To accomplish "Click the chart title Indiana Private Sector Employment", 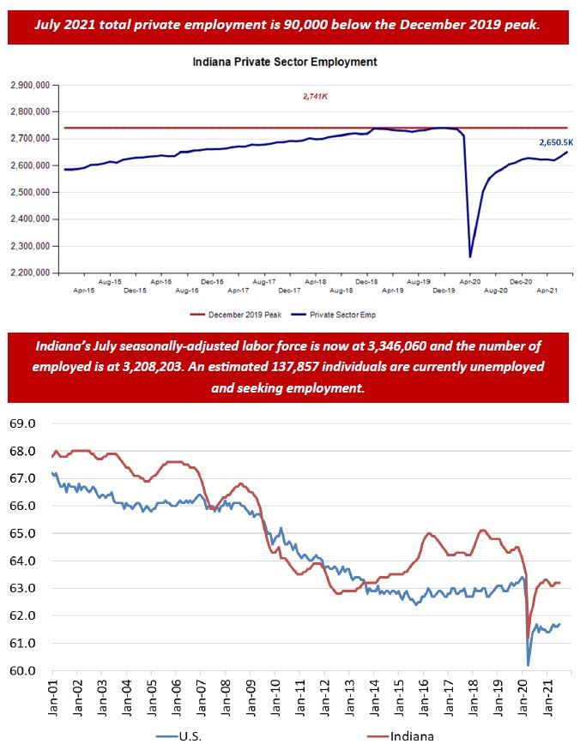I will click(284, 63).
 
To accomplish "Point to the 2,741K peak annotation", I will click(315, 97).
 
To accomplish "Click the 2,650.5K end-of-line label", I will click(555, 141).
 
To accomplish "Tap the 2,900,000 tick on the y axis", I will click(30, 85).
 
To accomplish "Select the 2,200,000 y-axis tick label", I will click(30, 273).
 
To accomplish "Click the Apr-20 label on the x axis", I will click(469, 281).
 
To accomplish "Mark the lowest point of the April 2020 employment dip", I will click(469, 256).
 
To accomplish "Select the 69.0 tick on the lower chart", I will click(23, 423).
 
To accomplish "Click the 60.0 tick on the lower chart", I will click(23, 670).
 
